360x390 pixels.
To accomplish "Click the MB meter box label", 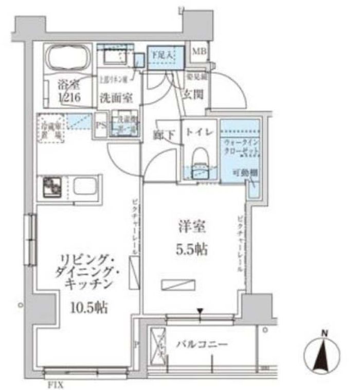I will (199, 51).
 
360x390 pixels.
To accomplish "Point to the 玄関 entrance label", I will (193, 94).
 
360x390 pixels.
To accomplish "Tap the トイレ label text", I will (199, 132).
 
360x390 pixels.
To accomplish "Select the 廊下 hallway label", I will (164, 135).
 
